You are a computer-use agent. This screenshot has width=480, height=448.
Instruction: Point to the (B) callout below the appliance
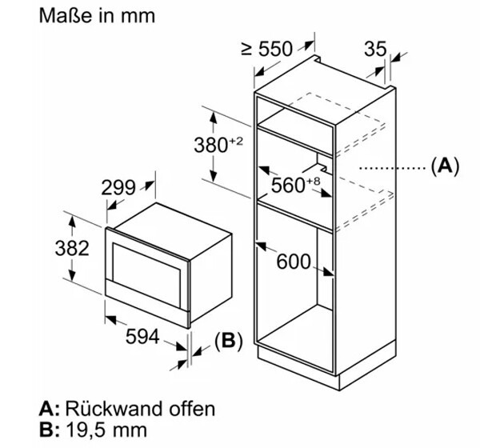point(226,342)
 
